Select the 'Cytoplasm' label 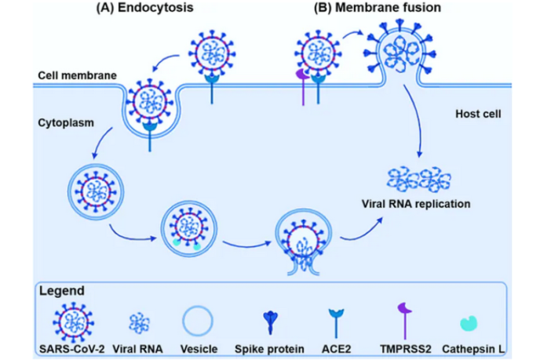pyautogui.click(x=63, y=125)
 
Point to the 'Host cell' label pyautogui.click(x=479, y=115)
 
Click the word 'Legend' pyautogui.click(x=63, y=290)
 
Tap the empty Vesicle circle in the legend pyautogui.click(x=198, y=322)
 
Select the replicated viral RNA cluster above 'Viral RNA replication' pyautogui.click(x=414, y=178)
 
